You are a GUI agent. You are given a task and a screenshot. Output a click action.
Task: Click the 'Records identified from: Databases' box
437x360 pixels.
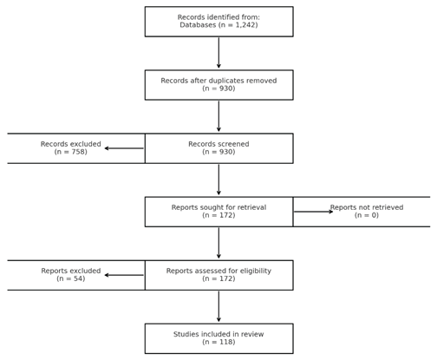click(218, 22)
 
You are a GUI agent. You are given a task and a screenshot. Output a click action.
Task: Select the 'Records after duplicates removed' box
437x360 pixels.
click(218, 85)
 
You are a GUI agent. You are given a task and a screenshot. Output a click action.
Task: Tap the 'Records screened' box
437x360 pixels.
click(218, 148)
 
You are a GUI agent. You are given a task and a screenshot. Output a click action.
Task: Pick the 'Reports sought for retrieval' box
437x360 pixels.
click(218, 212)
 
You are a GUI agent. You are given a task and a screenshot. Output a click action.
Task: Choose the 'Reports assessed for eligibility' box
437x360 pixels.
click(218, 275)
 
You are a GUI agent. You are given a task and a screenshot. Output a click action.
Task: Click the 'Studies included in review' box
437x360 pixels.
click(218, 338)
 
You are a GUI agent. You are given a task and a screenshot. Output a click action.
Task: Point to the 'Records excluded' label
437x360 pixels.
click(70, 144)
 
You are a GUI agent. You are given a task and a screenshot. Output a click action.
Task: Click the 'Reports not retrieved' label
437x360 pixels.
click(367, 207)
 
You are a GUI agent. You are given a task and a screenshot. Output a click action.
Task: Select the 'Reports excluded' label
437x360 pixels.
click(70, 271)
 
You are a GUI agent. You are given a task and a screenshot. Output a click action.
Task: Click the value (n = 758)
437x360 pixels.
click(70, 152)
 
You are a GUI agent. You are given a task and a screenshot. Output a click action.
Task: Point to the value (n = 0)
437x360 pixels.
click(367, 215)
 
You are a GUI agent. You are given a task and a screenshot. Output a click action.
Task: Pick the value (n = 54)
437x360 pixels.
click(70, 278)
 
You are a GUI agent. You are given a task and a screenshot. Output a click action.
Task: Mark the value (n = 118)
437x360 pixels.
click(218, 342)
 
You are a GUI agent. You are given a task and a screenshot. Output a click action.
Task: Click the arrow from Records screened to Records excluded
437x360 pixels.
click(124, 148)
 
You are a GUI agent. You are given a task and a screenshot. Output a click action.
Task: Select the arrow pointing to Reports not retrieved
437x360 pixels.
click(313, 212)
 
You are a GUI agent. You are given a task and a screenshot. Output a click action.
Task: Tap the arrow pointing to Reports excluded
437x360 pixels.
click(124, 275)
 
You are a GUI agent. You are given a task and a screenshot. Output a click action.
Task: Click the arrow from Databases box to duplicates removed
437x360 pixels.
click(218, 53)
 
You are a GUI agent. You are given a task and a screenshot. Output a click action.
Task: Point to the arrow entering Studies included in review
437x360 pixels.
click(218, 306)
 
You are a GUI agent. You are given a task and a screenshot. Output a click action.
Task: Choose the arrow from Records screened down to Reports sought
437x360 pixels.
click(218, 180)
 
